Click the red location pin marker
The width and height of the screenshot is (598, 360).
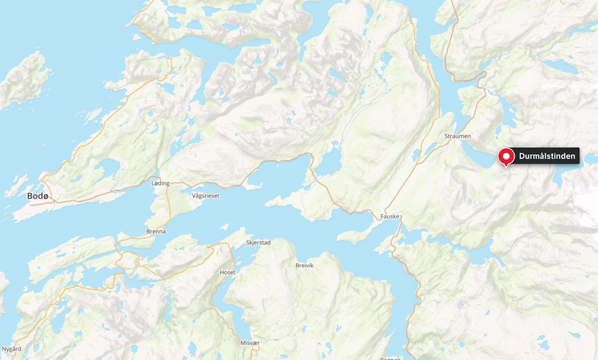coord(505,157)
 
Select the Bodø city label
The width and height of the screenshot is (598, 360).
coord(38,196)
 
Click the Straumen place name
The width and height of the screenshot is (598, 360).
coord(458,136)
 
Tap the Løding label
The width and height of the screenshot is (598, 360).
coord(160,184)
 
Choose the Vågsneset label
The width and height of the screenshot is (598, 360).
coord(206,196)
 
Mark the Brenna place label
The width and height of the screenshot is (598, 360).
coord(156,232)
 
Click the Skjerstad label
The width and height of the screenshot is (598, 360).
coord(258,243)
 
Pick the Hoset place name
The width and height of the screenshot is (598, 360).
coord(228,272)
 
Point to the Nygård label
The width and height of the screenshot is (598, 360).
coord(11,349)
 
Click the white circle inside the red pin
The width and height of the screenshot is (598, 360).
coord(505,155)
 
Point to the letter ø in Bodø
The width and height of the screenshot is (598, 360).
coord(45,196)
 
